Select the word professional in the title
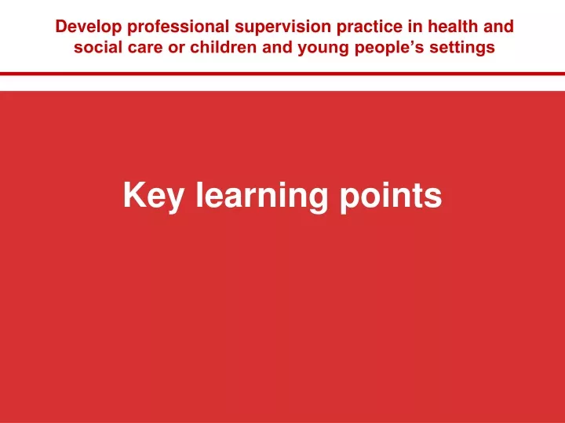(178, 27)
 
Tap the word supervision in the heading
(282, 27)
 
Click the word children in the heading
(223, 47)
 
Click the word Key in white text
(154, 197)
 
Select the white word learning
(262, 197)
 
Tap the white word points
(391, 197)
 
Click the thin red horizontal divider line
(282, 74)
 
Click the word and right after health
(498, 27)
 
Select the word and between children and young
(277, 47)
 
